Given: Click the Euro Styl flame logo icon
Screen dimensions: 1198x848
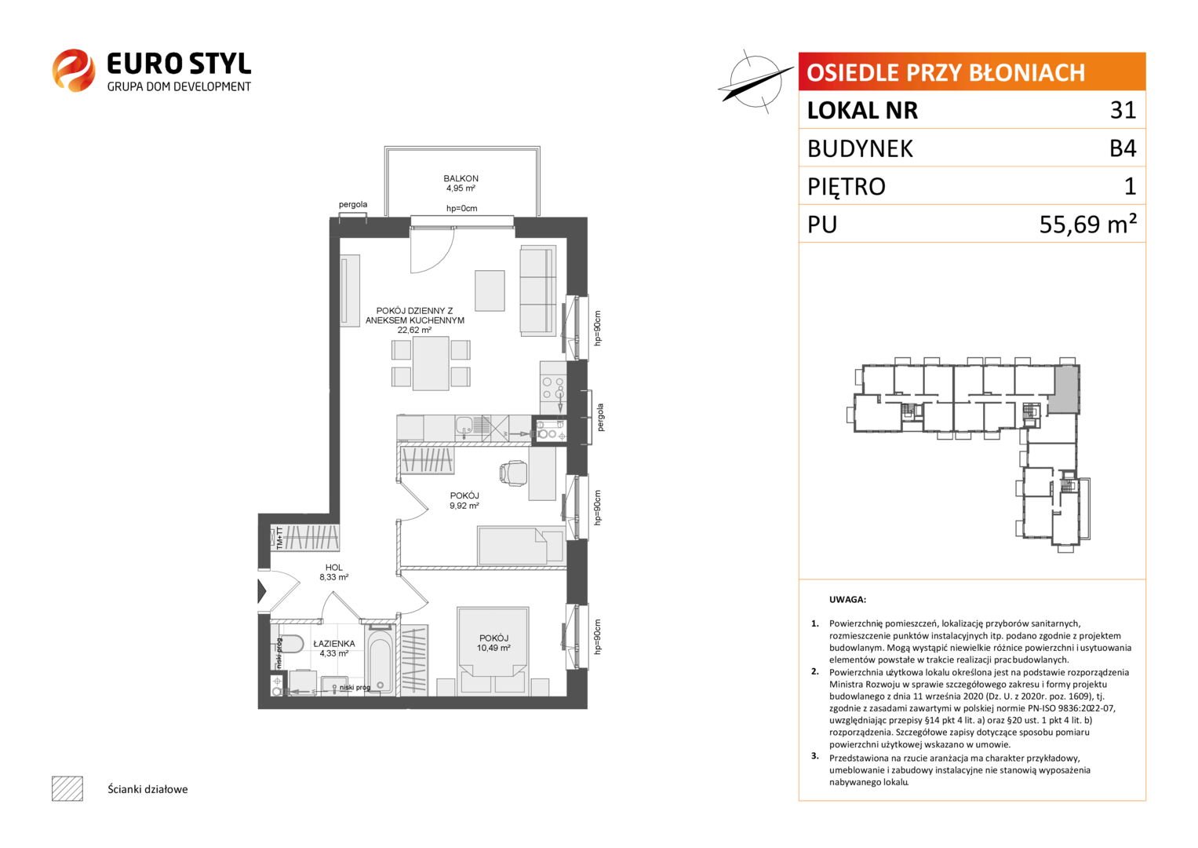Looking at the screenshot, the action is tap(74, 71).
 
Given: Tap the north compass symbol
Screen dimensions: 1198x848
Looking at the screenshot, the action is tap(756, 82).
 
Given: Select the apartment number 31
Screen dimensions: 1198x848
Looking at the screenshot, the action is tap(1123, 110).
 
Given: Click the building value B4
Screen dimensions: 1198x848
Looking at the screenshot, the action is tap(1123, 148).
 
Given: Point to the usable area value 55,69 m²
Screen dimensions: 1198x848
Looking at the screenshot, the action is tap(1087, 224).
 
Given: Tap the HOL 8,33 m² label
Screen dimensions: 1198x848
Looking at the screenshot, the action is tap(333, 572).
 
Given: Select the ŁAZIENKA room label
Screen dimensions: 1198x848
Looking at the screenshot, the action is tap(334, 644).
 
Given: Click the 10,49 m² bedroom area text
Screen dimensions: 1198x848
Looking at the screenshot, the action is tap(493, 648).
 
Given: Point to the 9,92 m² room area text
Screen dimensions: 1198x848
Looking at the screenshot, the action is tap(464, 506).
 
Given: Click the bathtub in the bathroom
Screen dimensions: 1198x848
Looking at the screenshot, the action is tap(381, 660).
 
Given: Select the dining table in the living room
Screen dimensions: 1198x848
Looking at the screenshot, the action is tap(431, 364).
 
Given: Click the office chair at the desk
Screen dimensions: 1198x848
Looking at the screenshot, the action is tap(512, 473).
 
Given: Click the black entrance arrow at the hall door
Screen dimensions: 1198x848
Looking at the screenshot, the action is tap(261, 591).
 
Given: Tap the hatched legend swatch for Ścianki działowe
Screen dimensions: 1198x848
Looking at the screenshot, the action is tap(67, 788).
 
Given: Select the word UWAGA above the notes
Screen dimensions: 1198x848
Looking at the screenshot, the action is tap(847, 600).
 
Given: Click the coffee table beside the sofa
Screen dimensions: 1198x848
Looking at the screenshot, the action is tap(490, 291).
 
